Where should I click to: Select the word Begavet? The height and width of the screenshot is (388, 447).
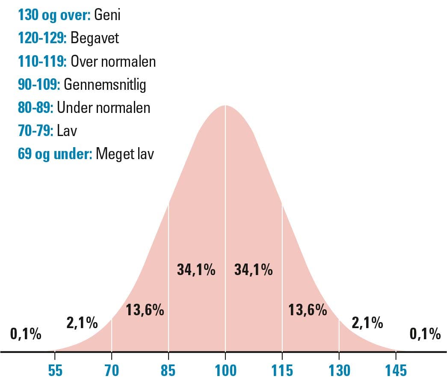tap(95, 39)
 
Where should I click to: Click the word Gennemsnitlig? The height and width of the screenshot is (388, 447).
tap(105, 85)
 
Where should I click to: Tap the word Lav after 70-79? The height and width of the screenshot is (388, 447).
tap(67, 130)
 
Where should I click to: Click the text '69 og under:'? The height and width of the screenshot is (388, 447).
tap(55, 154)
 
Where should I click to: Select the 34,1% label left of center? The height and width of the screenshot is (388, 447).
tap(196, 270)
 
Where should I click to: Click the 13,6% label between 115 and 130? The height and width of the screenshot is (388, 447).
tap(308, 310)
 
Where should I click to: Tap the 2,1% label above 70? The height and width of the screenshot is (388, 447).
tap(82, 323)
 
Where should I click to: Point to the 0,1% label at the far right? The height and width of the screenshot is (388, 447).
tap(425, 334)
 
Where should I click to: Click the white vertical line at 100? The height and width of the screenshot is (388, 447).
tap(225, 214)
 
